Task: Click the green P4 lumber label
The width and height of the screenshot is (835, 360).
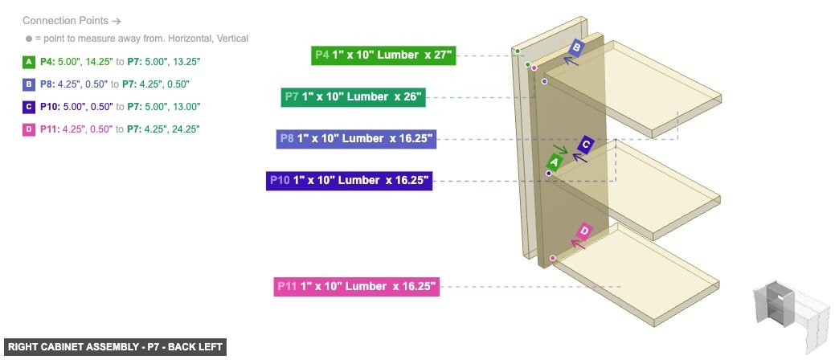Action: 383,55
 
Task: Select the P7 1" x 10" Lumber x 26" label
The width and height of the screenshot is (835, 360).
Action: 354,97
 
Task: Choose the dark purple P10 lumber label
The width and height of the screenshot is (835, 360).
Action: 349,180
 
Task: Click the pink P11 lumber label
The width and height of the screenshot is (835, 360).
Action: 358,286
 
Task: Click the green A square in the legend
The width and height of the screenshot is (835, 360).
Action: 29,61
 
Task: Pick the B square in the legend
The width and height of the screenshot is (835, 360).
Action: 29,84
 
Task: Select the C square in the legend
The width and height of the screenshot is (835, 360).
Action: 29,106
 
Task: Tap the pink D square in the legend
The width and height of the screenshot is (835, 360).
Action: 29,129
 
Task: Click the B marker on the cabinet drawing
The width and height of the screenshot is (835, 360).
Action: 576,48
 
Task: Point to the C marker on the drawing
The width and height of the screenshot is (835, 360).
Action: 586,145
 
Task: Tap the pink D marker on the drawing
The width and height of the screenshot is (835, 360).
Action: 584,231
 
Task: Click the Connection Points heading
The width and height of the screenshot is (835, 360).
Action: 72,21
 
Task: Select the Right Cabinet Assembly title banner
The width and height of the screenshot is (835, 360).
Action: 115,347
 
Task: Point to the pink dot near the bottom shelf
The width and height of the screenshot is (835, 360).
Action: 553,257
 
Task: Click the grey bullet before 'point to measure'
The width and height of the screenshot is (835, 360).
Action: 29,39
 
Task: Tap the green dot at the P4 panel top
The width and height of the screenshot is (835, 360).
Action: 518,51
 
